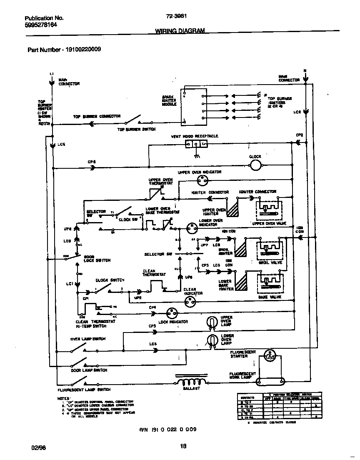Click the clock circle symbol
click(x=255, y=166)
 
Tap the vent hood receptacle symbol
click(x=196, y=144)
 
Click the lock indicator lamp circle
click(x=172, y=313)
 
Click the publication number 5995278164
click(x=41, y=25)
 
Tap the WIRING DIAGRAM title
click(x=180, y=31)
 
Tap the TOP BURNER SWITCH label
click(x=137, y=130)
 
